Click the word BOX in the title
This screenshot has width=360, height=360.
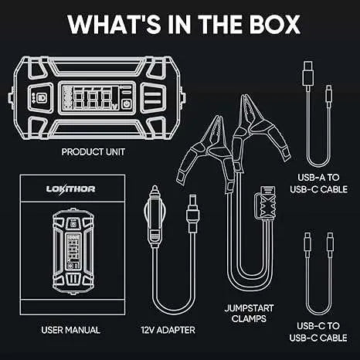coord(275,24)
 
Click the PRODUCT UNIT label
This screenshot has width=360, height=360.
coord(93,152)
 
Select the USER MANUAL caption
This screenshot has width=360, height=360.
coord(70,330)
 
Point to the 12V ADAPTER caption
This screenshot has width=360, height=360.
coord(168,330)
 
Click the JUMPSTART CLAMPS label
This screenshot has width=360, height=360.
coord(249,314)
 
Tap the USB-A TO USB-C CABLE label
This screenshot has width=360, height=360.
coord(318,183)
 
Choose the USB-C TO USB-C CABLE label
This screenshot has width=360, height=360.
coord(318,332)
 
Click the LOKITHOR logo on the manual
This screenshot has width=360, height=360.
coord(70,189)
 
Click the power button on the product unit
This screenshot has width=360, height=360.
coord(126,105)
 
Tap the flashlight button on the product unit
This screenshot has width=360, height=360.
coord(41,98)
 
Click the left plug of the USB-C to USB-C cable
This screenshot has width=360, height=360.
coord(307,244)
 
